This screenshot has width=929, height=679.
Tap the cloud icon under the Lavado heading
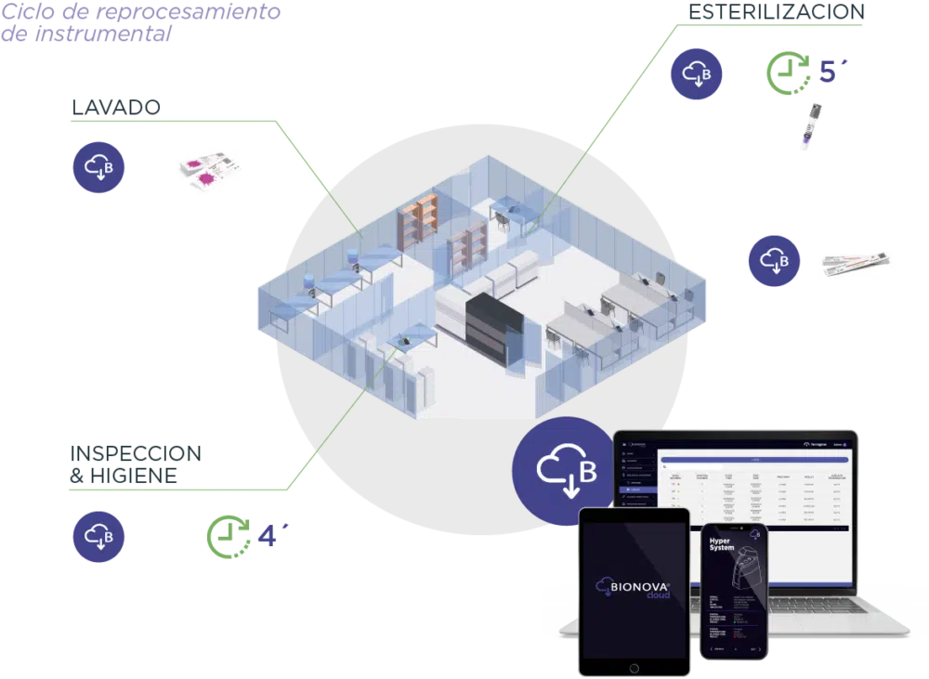click(99, 168)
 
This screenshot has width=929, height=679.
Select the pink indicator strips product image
click(208, 170)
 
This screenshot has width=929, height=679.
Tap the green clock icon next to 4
click(226, 536)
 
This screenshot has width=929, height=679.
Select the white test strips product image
click(857, 263)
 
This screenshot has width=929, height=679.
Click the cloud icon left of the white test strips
click(773, 261)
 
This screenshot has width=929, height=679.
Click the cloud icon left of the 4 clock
click(98, 537)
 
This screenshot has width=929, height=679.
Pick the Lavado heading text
click(115, 108)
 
